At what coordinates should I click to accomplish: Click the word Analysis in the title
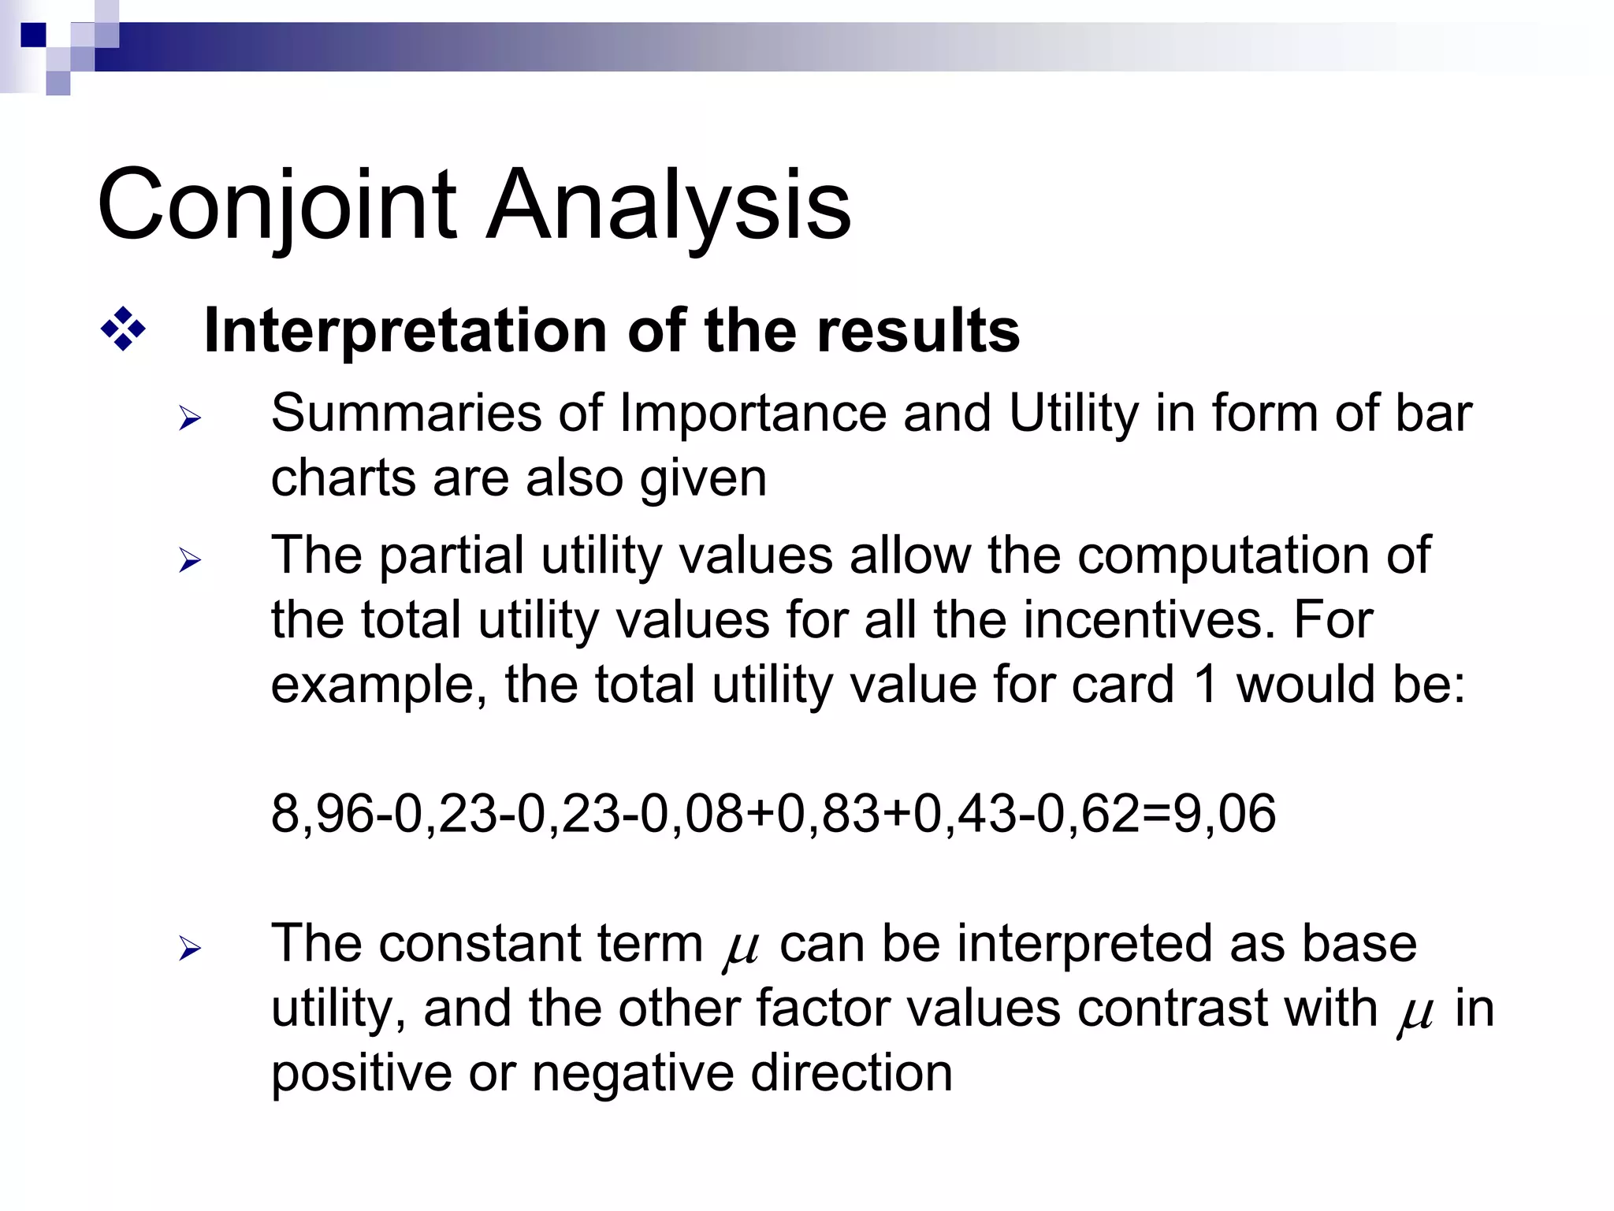pyautogui.click(x=668, y=206)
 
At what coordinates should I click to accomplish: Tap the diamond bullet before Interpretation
pyautogui.click(x=123, y=329)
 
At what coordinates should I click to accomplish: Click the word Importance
pyautogui.click(x=753, y=414)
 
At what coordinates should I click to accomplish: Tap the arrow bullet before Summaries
pyautogui.click(x=190, y=418)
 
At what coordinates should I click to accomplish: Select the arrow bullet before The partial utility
pyautogui.click(x=190, y=561)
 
